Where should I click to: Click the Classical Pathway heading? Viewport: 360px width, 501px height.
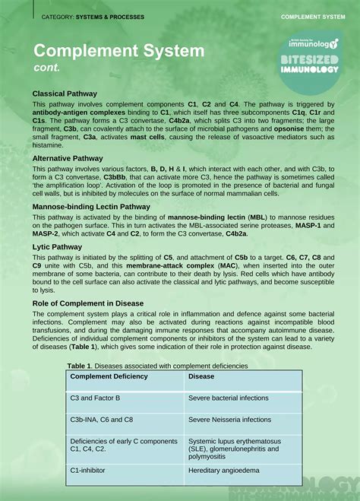65,94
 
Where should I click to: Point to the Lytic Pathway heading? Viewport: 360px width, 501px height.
57,247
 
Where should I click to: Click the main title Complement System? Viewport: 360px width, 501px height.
118,52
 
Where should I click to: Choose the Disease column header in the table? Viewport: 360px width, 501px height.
201,376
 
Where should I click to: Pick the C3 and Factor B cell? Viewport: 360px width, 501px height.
95,398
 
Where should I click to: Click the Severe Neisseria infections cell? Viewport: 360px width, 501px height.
229,419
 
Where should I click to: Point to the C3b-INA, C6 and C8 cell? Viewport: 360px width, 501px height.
102,419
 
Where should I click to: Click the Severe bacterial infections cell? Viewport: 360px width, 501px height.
228,398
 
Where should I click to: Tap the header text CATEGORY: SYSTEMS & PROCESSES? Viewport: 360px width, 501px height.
93,17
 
